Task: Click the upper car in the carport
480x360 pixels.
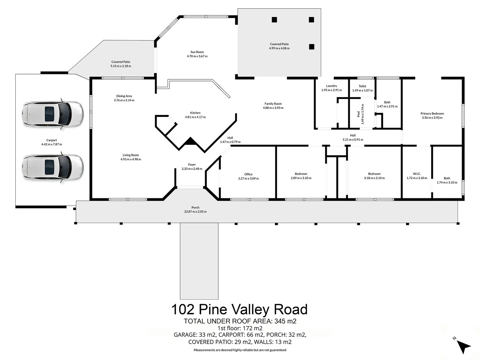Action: click(x=52, y=114)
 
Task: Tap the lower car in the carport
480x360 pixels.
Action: click(x=52, y=167)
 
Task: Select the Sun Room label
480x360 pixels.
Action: click(x=197, y=52)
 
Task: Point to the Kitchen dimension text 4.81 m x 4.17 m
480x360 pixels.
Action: click(x=195, y=117)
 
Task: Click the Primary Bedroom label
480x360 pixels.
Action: click(x=432, y=113)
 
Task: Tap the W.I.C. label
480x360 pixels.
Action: click(x=417, y=174)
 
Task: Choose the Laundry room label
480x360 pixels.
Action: click(x=331, y=86)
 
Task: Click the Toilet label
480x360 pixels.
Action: click(x=362, y=86)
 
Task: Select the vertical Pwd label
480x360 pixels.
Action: click(x=359, y=114)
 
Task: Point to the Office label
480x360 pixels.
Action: click(x=248, y=174)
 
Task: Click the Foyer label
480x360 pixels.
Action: click(x=192, y=164)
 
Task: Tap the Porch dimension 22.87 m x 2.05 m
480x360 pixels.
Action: click(x=195, y=212)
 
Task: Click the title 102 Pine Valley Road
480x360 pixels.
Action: click(x=239, y=309)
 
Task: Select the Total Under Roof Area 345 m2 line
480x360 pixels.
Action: click(x=240, y=321)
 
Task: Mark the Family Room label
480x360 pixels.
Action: click(x=273, y=104)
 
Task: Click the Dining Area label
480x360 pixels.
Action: click(x=124, y=96)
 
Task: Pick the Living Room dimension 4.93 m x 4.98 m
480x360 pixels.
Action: click(x=131, y=159)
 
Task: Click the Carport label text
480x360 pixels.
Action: click(x=51, y=140)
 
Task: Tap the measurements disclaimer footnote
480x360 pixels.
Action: click(x=240, y=350)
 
